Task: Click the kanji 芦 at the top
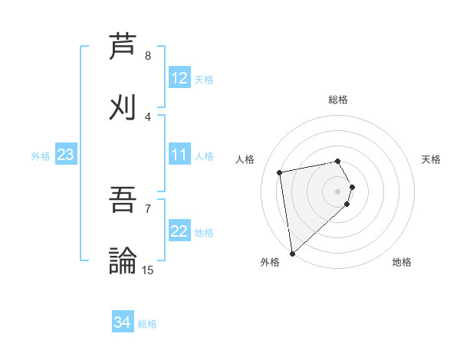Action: (x=123, y=47)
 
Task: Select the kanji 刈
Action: (x=123, y=108)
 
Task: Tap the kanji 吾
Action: (x=123, y=200)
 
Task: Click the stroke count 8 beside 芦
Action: (x=148, y=56)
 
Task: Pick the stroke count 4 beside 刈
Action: (x=148, y=117)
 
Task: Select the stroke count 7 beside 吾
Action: (x=148, y=208)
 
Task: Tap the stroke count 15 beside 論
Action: (x=147, y=270)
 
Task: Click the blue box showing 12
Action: (x=179, y=78)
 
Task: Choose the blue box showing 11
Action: (x=179, y=155)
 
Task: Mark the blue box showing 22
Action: (x=179, y=231)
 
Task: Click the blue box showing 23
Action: (x=66, y=155)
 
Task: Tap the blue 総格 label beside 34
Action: (x=147, y=324)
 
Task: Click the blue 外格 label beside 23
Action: (x=41, y=156)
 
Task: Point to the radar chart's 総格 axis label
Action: (x=338, y=100)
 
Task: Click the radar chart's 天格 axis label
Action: (x=432, y=159)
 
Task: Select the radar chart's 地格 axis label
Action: (x=402, y=263)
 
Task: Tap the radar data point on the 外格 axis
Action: (x=291, y=253)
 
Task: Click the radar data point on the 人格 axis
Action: (x=280, y=172)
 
